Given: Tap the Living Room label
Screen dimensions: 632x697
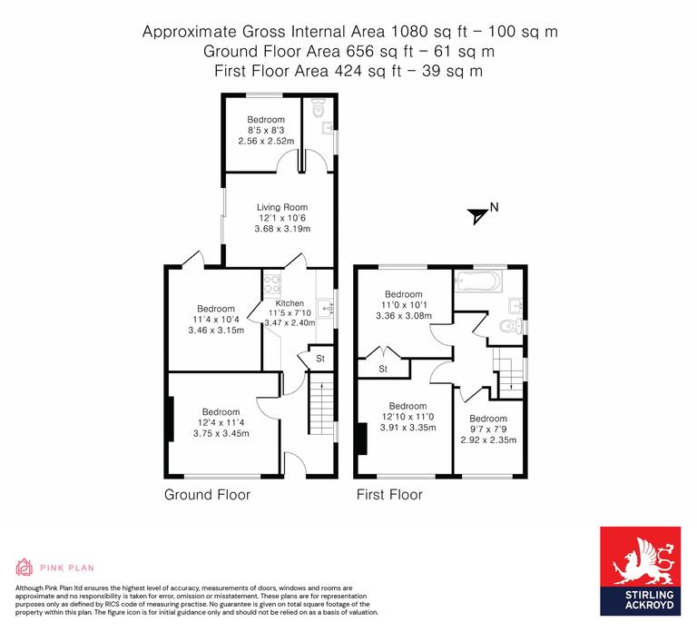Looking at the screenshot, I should pyautogui.click(x=281, y=207).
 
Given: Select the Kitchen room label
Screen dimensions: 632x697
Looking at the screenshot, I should pyautogui.click(x=290, y=303).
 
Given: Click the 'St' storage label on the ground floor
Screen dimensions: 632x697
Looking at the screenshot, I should pyautogui.click(x=320, y=359).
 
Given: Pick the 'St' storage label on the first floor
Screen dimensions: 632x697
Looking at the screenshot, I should pyautogui.click(x=383, y=369).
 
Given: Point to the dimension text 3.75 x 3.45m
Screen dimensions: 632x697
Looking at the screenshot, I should pyautogui.click(x=221, y=433).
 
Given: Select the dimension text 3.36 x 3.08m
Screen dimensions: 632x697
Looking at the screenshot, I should pyautogui.click(x=403, y=316).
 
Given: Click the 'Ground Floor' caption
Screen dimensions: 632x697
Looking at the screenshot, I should pyautogui.click(x=207, y=495).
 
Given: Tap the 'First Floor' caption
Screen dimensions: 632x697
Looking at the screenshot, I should pyautogui.click(x=389, y=495).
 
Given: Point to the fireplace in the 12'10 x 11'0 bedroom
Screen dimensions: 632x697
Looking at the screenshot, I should pyautogui.click(x=362, y=439).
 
